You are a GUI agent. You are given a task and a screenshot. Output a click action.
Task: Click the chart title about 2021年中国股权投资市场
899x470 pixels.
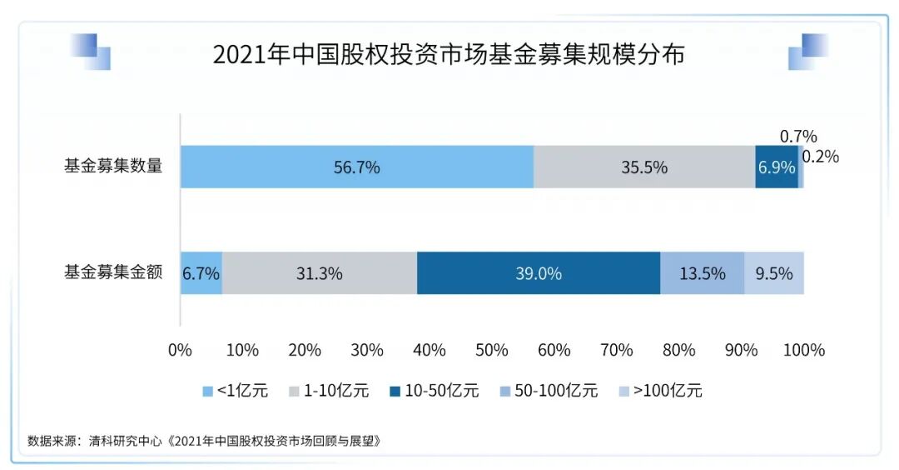pos(449,55)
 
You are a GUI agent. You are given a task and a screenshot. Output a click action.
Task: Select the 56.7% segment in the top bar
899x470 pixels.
pos(356,167)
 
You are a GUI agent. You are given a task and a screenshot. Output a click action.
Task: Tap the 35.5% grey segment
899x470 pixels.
pos(643,167)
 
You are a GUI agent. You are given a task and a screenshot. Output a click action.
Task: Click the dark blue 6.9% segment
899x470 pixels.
pos(776,167)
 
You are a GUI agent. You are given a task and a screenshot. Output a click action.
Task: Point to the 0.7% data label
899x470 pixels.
pos(798,136)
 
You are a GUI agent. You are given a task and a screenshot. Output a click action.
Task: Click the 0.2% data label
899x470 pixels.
pos(821,156)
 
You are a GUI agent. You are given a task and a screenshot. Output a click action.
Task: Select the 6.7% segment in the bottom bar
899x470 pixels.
pos(201,272)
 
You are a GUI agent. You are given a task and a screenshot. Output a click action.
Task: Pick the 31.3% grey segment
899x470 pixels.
pos(319,272)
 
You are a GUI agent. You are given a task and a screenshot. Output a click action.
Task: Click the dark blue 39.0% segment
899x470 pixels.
pos(538,272)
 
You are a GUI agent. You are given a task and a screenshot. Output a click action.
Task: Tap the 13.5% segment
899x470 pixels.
pos(702,272)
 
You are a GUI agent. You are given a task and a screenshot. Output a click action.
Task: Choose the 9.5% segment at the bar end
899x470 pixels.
pos(774,272)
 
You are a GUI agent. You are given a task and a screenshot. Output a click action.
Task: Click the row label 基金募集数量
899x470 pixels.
pos(112,165)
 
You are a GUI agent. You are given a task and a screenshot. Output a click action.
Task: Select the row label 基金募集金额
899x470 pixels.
pos(112,272)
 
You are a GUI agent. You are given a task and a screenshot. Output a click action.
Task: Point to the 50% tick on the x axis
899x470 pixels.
pos(492,350)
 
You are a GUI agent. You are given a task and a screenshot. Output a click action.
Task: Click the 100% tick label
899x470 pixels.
pos(804,350)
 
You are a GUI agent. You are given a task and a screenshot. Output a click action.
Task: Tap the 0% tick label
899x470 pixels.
pos(180,350)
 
